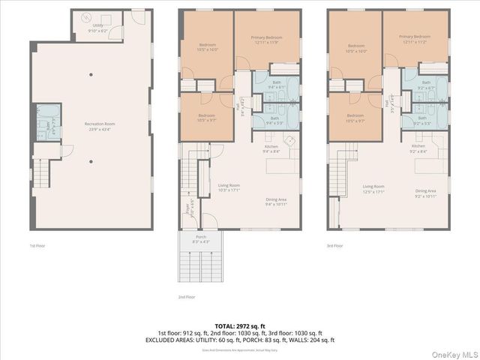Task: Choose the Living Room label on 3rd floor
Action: click(x=373, y=188)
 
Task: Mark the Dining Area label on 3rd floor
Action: click(x=425, y=193)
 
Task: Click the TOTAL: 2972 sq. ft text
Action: click(x=239, y=326)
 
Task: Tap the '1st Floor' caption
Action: click(x=37, y=245)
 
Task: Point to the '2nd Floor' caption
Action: click(x=187, y=297)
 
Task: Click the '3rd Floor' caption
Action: click(x=334, y=245)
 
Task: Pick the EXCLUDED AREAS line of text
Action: click(x=239, y=340)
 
